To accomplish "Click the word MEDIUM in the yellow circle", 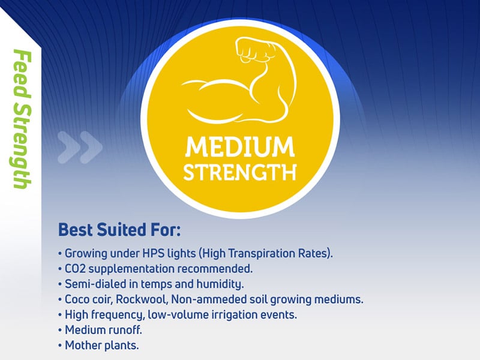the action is (x=239, y=147).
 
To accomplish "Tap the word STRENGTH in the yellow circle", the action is (x=239, y=172).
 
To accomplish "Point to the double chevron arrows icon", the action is (x=80, y=147).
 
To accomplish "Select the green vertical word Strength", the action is (x=22, y=146).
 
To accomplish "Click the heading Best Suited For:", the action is (x=119, y=230).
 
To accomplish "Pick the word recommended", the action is (x=215, y=269).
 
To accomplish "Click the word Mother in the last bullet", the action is (x=83, y=346).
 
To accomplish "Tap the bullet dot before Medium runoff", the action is (x=60, y=331).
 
